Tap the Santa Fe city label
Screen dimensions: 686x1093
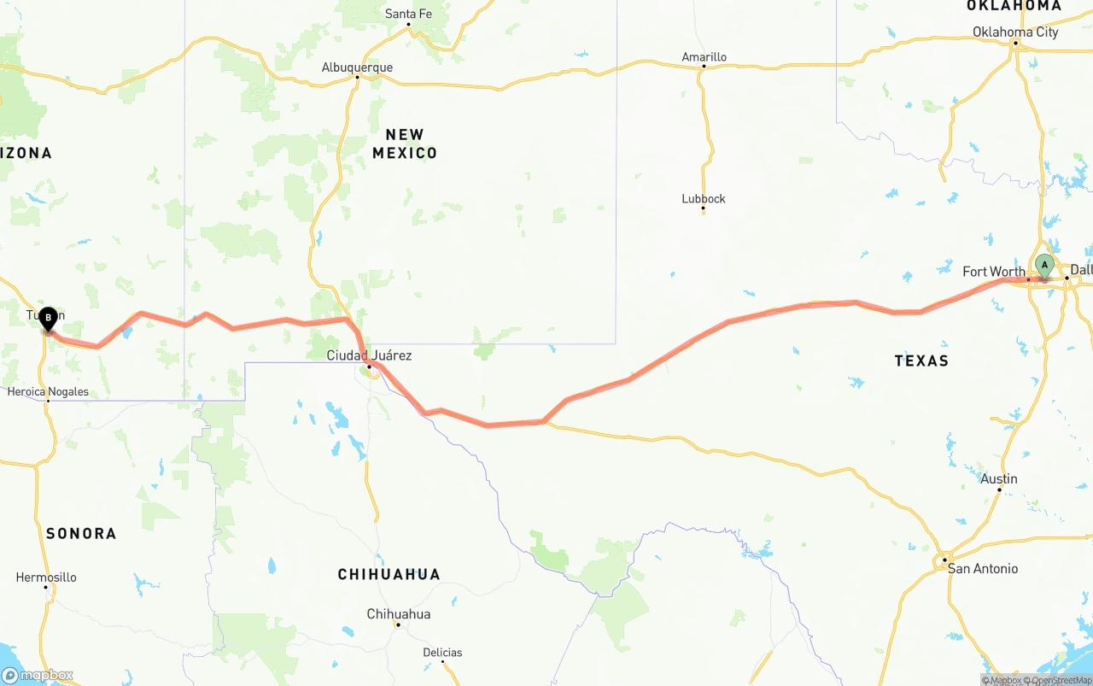408,14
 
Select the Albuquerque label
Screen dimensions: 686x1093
357,67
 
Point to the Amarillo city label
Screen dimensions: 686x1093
704,57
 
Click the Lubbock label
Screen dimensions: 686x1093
704,198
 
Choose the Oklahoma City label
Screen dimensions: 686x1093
1015,32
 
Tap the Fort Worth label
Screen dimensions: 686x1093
994,272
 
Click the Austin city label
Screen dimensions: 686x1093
999,478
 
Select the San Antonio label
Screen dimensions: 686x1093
983,568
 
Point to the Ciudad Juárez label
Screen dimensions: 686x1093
369,355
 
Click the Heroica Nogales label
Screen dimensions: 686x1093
48,392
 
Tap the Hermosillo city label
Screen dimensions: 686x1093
46,577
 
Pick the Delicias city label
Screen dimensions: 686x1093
442,652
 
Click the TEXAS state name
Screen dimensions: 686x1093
921,361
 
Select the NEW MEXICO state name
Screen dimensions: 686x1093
405,144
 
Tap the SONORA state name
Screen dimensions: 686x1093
81,533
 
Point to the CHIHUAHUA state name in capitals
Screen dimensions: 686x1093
389,574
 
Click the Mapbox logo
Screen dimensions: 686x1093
38,675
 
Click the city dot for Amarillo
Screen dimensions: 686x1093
704,67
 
